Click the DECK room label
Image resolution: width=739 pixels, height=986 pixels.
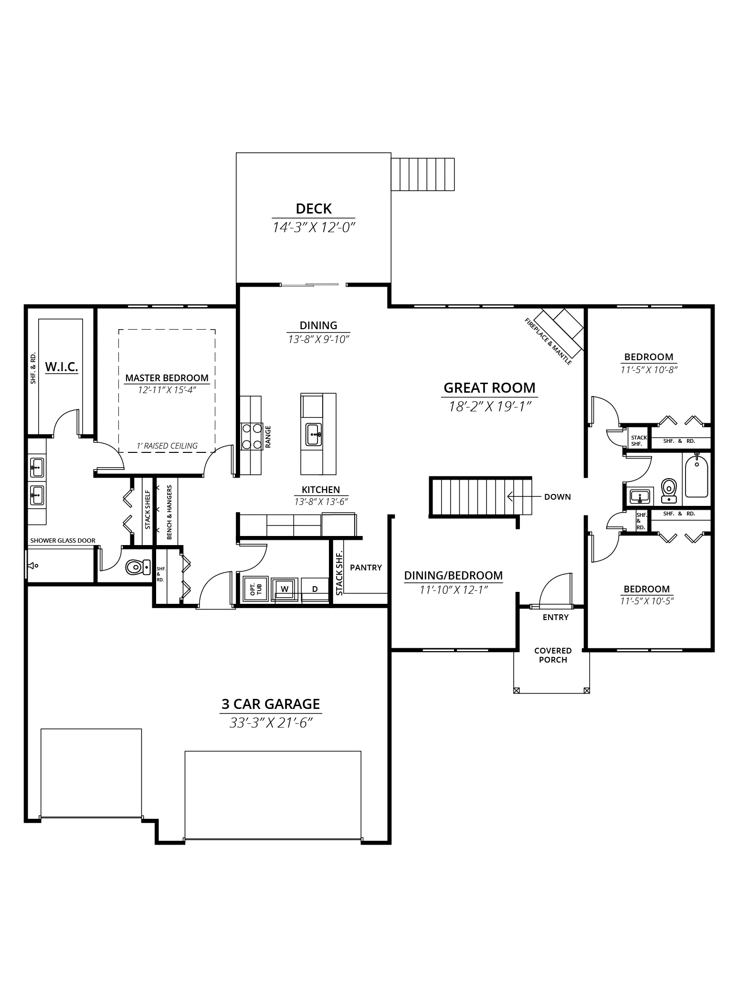pyautogui.click(x=314, y=209)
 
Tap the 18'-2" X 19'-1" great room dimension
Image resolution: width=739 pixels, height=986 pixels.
pyautogui.click(x=490, y=407)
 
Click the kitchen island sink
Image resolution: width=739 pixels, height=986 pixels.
pyautogui.click(x=314, y=435)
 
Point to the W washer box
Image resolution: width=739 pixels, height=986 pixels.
pyautogui.click(x=285, y=589)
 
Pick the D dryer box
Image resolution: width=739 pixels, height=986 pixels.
pyautogui.click(x=315, y=589)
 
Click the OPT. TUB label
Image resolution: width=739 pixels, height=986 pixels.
pyautogui.click(x=256, y=589)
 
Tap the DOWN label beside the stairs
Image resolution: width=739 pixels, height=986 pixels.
pyautogui.click(x=557, y=497)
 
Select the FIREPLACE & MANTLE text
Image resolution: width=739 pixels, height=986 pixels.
pyautogui.click(x=548, y=342)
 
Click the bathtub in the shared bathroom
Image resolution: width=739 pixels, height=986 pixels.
pyautogui.click(x=697, y=476)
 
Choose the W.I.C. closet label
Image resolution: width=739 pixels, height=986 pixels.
pyautogui.click(x=62, y=367)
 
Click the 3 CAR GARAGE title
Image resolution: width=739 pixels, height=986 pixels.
pyautogui.click(x=271, y=705)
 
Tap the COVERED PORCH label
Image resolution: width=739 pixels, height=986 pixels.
pyautogui.click(x=553, y=655)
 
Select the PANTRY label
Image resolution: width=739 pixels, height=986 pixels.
pyautogui.click(x=366, y=568)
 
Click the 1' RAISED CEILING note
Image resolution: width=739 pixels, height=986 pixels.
pyautogui.click(x=167, y=446)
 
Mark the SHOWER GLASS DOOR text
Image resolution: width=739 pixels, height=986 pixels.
pyautogui.click(x=63, y=541)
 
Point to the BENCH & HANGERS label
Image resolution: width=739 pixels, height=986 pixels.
pyautogui.click(x=169, y=513)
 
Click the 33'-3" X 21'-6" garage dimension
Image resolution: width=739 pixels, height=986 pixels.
pyautogui.click(x=271, y=723)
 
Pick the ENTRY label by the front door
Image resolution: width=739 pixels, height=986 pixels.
pyautogui.click(x=556, y=618)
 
